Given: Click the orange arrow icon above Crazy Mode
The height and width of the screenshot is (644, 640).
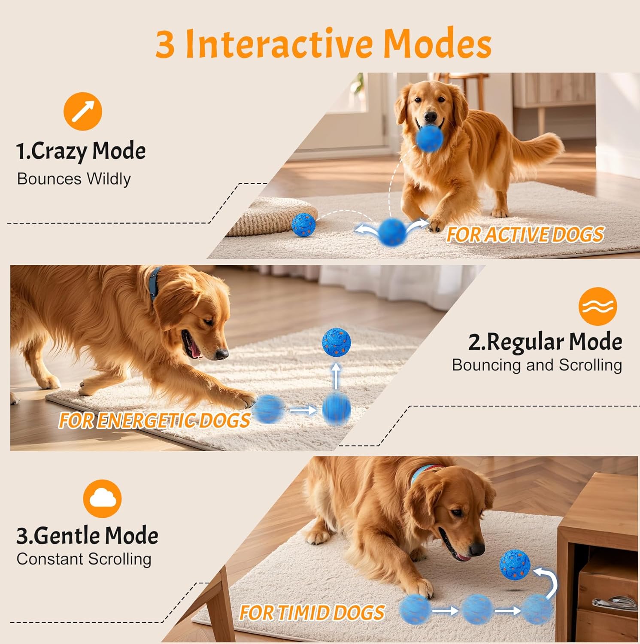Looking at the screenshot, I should coord(83,111).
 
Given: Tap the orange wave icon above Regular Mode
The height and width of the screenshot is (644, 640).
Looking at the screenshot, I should coord(598,306).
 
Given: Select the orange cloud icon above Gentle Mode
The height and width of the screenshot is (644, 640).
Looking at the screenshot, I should coord(102,498).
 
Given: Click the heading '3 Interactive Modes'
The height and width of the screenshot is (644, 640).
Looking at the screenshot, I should coord(323,43).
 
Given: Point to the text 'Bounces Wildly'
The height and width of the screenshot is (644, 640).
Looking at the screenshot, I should coord(74,179).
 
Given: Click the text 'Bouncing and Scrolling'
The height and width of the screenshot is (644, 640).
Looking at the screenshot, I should coord(537,365).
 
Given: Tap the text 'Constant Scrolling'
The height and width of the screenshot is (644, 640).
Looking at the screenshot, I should coord(84,559).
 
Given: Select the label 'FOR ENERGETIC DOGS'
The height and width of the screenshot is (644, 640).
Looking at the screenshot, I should coord(154,420).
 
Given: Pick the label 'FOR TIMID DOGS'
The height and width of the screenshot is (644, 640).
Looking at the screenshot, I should coord(312,613).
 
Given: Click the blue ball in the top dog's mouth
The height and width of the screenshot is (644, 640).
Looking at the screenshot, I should coord(430,138).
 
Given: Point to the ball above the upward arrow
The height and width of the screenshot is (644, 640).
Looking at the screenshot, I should coord(336,342).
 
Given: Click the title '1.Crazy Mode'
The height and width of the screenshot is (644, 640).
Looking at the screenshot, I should coord(81,151).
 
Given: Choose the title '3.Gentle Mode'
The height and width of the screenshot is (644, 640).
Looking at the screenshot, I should coord(87,535).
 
